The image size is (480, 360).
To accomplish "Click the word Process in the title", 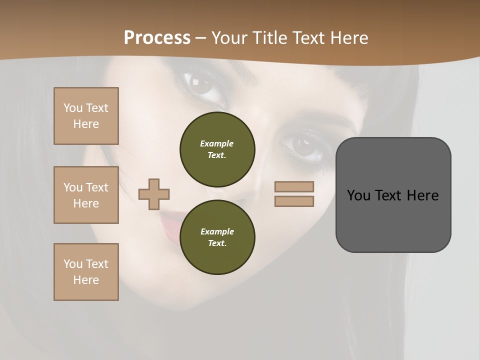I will click(157, 38).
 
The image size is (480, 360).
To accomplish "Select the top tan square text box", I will click(86, 116).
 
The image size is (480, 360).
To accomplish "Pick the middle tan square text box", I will click(86, 195).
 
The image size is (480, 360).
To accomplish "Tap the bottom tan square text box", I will click(86, 272).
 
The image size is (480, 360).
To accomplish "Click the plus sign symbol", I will click(154, 194).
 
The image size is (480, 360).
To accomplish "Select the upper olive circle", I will click(217, 149).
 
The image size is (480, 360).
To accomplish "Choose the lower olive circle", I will click(217, 237).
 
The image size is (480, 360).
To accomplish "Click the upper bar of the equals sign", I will click(294, 186).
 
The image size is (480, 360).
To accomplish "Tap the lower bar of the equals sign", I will click(294, 201).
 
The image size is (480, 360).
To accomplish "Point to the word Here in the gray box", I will click(422, 195).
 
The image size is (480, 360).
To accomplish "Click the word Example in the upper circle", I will click(217, 143).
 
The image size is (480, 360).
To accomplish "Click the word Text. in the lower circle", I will click(217, 243).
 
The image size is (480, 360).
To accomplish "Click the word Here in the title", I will click(347, 38).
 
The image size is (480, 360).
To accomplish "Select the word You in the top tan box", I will click(72, 108).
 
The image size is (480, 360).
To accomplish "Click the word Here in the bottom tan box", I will click(86, 280).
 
